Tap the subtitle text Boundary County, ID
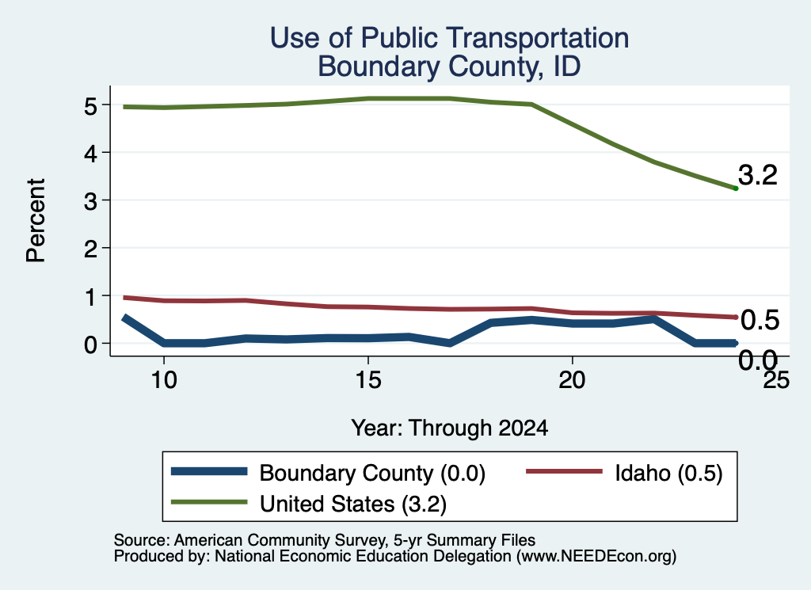pos(449,67)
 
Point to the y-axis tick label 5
pos(90,106)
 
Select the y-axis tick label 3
pos(90,201)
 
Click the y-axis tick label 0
pos(90,344)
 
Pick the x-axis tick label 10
pos(163,381)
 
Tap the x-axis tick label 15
pos(367,381)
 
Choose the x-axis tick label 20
pos(572,381)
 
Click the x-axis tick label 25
pos(776,381)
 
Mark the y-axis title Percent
pos(36,220)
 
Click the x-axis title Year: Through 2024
pos(450,428)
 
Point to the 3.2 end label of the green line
pos(758,175)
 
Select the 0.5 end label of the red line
pos(760,320)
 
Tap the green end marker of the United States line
pos(736,188)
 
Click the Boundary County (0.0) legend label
pos(372,474)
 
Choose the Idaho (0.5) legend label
pos(668,474)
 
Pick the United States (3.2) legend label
pos(353,504)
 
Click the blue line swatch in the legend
pos(209,471)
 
